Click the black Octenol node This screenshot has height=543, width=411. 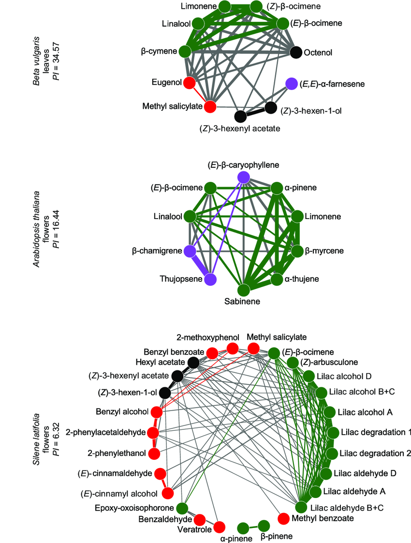tap(296, 51)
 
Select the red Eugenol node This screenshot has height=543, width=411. tap(190, 83)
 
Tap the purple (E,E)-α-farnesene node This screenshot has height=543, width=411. tap(291, 84)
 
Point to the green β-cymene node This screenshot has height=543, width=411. tap(185, 51)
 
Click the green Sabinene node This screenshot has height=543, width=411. tap(243, 290)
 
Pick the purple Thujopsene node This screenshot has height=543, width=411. tap(210, 279)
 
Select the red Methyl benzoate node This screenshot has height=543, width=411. tap(285, 518)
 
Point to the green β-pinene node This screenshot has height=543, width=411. tap(264, 526)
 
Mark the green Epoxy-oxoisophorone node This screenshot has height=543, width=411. tap(182, 508)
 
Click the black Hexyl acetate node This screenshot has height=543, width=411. tap(193, 362)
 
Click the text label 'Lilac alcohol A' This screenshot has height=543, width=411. tap(365, 412)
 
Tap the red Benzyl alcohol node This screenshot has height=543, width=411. tap(156, 412)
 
